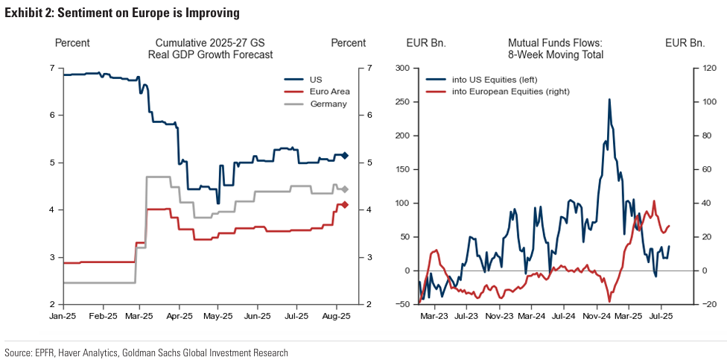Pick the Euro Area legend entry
[x=328, y=92]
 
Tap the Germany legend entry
[x=327, y=104]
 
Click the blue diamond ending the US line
[x=345, y=155]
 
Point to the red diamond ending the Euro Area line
[x=345, y=204]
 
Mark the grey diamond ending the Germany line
[x=345, y=189]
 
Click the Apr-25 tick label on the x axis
[x=179, y=317]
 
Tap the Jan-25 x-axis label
[x=63, y=317]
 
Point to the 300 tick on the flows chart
[x=403, y=68]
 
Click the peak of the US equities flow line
[x=609, y=99]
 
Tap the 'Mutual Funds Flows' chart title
[x=555, y=43]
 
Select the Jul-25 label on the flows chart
[x=659, y=317]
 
